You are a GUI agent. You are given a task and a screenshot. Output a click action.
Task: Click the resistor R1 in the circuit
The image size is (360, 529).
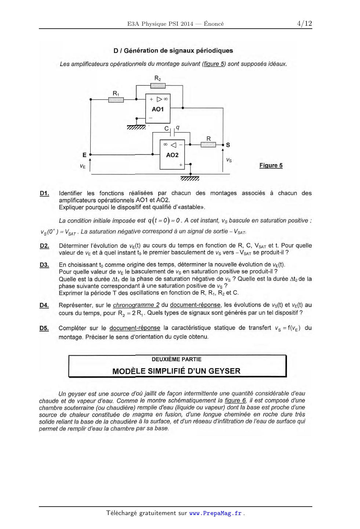[x=116, y=99]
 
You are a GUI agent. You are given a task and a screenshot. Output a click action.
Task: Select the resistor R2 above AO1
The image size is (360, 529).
[x=158, y=86]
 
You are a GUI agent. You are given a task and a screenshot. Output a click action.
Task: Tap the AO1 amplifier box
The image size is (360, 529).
[x=158, y=109]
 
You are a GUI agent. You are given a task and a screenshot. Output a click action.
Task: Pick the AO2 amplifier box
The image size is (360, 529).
[x=172, y=155]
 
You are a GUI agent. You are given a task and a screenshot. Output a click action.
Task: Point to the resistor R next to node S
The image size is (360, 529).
[x=208, y=145]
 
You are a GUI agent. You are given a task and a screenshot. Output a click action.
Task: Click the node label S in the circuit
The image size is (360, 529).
[x=228, y=145]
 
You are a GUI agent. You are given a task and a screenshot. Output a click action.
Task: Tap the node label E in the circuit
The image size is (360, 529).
[x=84, y=155]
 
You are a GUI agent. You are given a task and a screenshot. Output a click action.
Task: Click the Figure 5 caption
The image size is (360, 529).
[x=271, y=166]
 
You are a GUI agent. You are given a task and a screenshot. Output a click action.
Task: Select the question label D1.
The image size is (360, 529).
[x=44, y=193]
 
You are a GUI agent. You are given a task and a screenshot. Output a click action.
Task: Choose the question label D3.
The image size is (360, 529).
[x=44, y=265]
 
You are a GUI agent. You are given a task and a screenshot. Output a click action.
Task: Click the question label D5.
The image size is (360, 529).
[x=44, y=328]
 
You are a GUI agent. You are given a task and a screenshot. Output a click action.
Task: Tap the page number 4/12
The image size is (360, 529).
[x=304, y=23]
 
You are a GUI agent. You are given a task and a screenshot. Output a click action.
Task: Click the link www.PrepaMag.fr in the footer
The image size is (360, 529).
[x=215, y=513]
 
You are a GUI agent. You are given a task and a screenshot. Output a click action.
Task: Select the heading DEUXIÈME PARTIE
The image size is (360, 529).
[x=177, y=359]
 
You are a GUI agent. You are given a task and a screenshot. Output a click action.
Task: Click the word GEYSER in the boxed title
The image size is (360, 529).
[x=224, y=371]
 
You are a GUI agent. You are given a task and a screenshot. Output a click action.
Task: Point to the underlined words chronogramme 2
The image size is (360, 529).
[x=136, y=305]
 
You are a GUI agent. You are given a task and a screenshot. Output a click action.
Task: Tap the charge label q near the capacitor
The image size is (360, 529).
[x=178, y=127]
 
